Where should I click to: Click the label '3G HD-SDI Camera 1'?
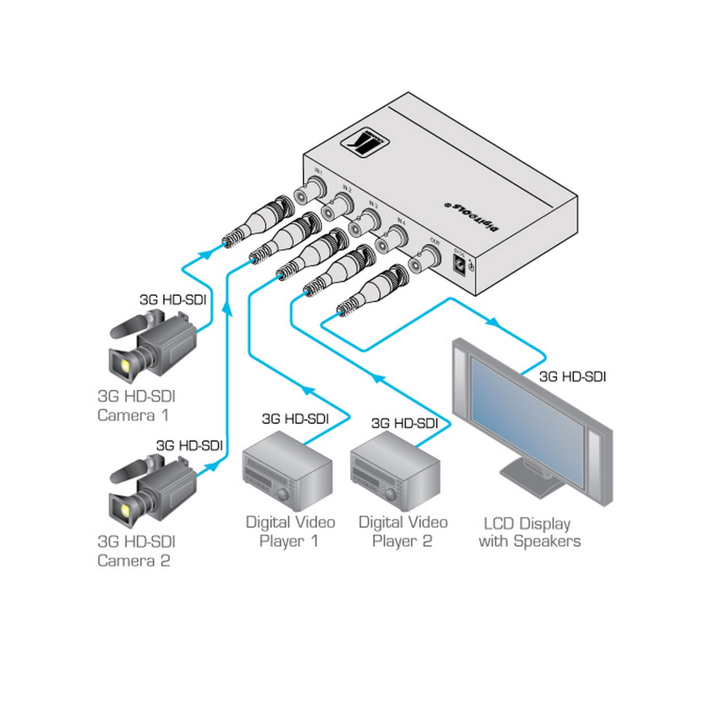point(136,406)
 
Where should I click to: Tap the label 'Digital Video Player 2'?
point(403,531)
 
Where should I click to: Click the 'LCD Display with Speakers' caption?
point(529,532)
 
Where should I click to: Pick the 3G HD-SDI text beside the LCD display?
point(572,376)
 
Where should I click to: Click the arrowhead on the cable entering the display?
point(493,322)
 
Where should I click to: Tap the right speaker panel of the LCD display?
point(596,458)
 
